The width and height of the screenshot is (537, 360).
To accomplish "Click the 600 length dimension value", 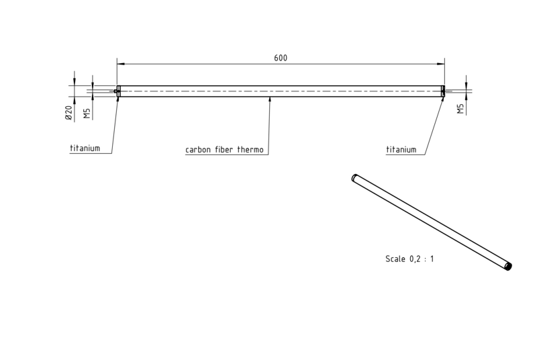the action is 281,58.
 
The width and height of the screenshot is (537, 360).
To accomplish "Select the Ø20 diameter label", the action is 68,113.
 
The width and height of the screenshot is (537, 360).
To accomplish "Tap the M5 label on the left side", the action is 87,114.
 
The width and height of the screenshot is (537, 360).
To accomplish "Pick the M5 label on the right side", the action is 460,109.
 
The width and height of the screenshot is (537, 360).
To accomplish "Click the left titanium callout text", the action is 85,148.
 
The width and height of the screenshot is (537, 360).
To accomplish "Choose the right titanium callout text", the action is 401,150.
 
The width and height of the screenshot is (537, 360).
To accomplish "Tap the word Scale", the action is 395,259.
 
